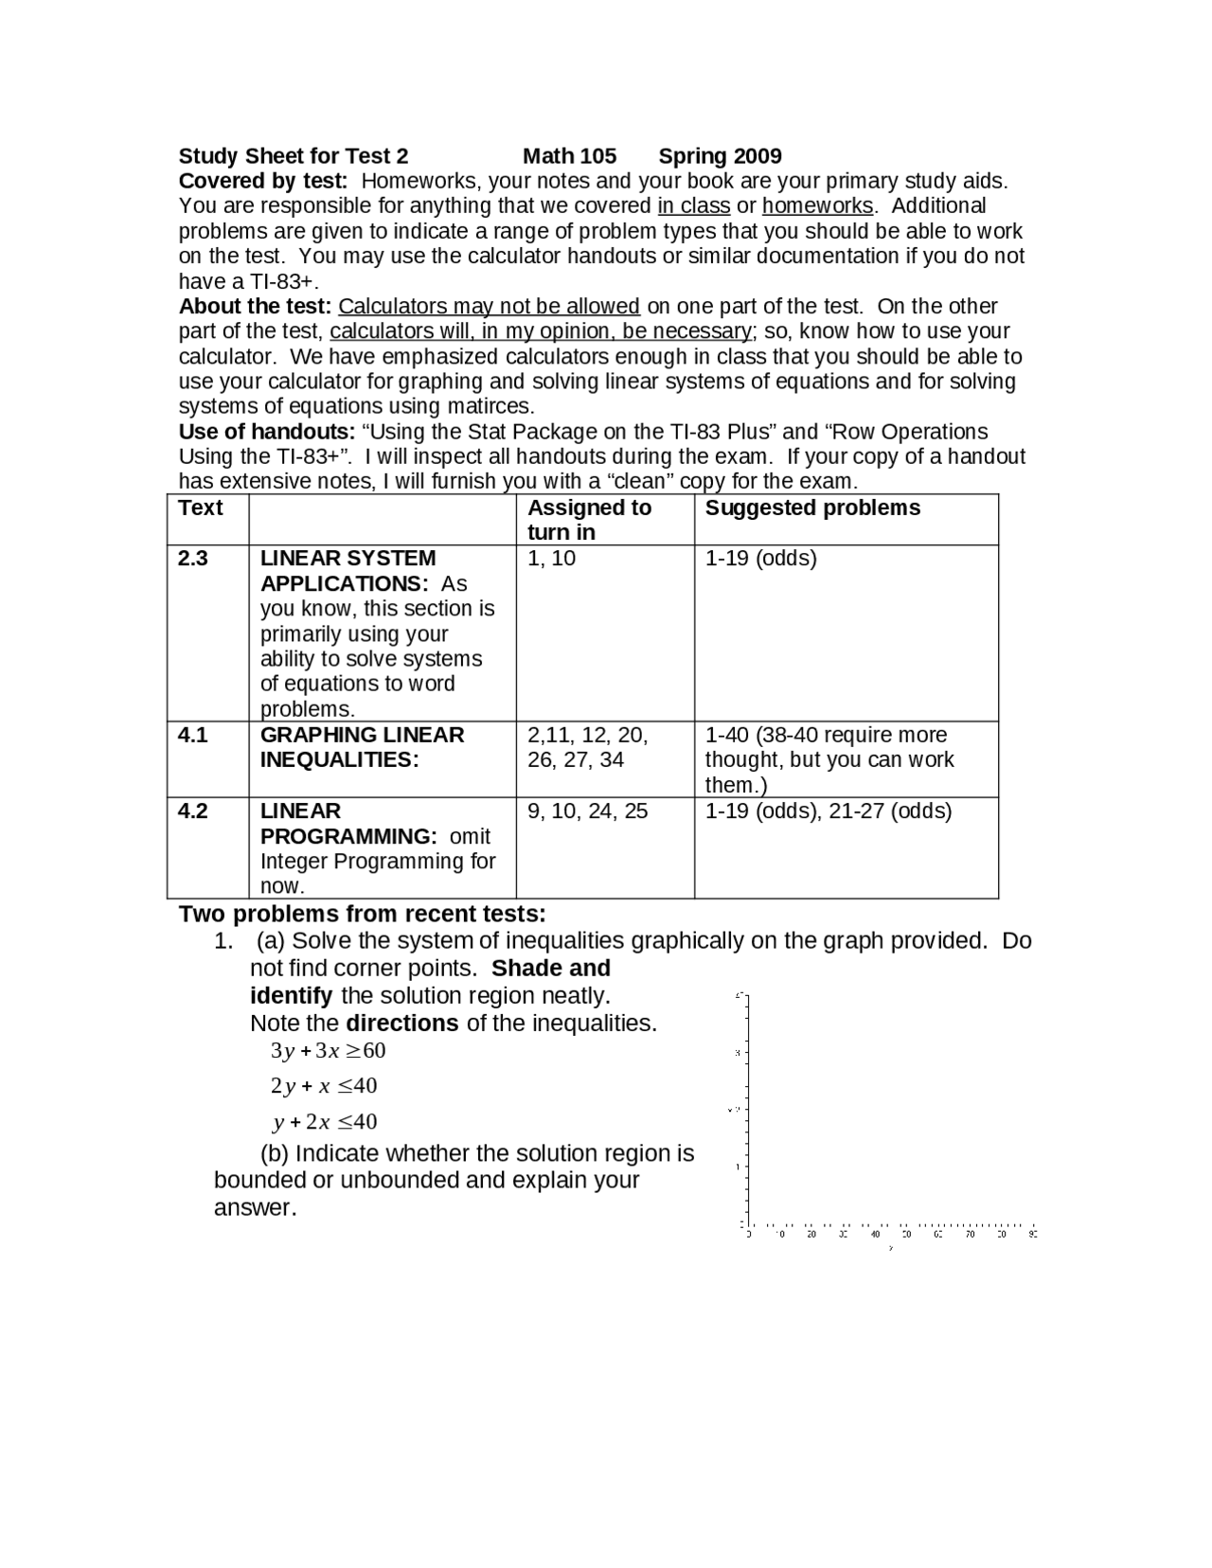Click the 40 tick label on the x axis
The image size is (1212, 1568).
pos(875,1234)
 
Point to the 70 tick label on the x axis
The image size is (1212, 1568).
pos(970,1234)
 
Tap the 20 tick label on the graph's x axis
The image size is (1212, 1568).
pos(811,1234)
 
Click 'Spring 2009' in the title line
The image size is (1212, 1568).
pos(720,156)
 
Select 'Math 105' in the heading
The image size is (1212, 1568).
pos(569,156)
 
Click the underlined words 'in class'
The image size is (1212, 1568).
pos(693,206)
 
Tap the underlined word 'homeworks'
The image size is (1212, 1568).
pos(817,206)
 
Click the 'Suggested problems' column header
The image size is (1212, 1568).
pos(812,508)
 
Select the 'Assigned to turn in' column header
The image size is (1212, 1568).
pos(589,520)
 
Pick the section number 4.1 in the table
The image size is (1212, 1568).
pos(193,735)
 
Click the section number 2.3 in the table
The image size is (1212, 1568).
pos(193,558)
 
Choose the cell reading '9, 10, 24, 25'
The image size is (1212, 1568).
pos(587,811)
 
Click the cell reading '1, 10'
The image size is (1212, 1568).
pos(551,558)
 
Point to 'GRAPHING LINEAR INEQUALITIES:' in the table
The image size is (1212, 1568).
pos(362,747)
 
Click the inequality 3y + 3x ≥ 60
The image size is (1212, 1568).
pos(328,1050)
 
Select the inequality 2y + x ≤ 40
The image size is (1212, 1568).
pos(324,1085)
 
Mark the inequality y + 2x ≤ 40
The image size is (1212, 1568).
pos(325,1122)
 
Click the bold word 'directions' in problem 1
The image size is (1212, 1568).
pos(401,1024)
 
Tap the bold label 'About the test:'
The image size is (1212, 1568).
pos(255,307)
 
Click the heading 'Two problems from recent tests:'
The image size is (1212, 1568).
pos(362,914)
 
